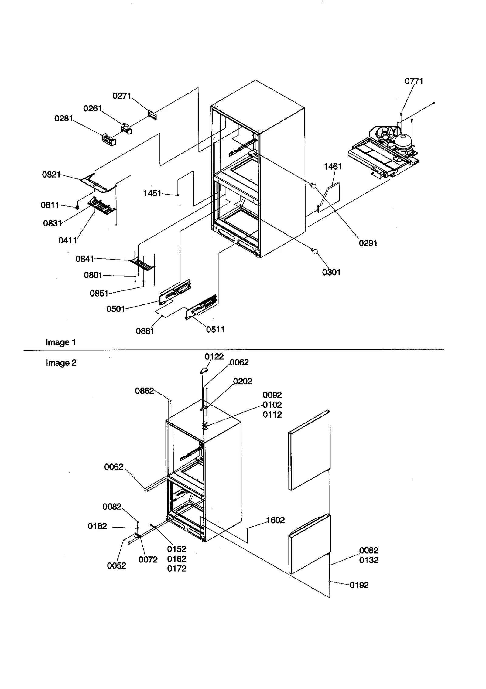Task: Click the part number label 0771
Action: (414, 81)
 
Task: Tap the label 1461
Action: (333, 166)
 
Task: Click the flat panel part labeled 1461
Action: (330, 197)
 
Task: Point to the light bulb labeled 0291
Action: (313, 186)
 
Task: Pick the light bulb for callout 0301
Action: (315, 251)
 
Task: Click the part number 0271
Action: (122, 96)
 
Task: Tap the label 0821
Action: (51, 175)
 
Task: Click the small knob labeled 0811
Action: (77, 208)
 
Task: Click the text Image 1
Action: (60, 342)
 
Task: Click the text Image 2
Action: (61, 363)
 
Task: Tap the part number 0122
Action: (214, 357)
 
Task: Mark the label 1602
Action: (275, 520)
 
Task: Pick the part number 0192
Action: (359, 585)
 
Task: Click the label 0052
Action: (116, 565)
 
